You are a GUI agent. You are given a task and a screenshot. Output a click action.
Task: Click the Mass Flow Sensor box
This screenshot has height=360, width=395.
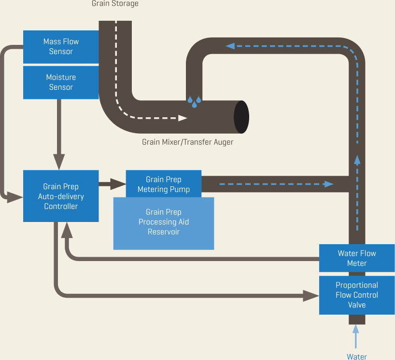coord(61,47)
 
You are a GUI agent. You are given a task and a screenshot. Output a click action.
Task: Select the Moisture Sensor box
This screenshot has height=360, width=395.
coord(61,83)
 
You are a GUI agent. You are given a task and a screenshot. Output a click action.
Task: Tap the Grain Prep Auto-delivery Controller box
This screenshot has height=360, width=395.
coord(61,196)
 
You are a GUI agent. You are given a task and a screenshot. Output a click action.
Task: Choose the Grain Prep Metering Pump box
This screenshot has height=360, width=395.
coord(163,184)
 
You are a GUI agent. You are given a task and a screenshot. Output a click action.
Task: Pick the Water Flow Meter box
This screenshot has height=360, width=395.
coord(357,258)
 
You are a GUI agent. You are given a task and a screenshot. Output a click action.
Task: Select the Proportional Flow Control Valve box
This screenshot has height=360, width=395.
coord(357,295)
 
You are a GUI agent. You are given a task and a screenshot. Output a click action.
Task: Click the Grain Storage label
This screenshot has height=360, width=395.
coord(115,4)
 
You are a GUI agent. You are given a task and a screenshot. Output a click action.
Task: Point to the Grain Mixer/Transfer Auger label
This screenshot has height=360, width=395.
coord(187,142)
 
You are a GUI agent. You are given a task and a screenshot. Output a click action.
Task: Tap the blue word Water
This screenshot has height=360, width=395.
coord(356,357)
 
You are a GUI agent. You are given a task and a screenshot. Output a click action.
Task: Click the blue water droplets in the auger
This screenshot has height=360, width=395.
coord(195,101)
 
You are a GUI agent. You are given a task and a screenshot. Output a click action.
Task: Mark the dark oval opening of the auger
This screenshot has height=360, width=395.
coord(241,117)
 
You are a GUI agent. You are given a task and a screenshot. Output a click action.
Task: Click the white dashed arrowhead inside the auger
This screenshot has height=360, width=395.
coord(183,118)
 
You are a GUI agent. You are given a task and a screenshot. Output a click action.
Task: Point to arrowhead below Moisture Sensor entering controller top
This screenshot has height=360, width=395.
coord(59,162)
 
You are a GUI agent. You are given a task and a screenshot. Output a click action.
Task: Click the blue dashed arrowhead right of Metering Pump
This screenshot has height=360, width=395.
coord(328,184)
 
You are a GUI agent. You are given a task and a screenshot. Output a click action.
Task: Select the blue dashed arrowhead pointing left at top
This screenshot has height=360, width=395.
coord(230,46)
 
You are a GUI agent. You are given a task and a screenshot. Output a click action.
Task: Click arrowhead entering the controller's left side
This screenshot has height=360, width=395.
coord(16,196)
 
